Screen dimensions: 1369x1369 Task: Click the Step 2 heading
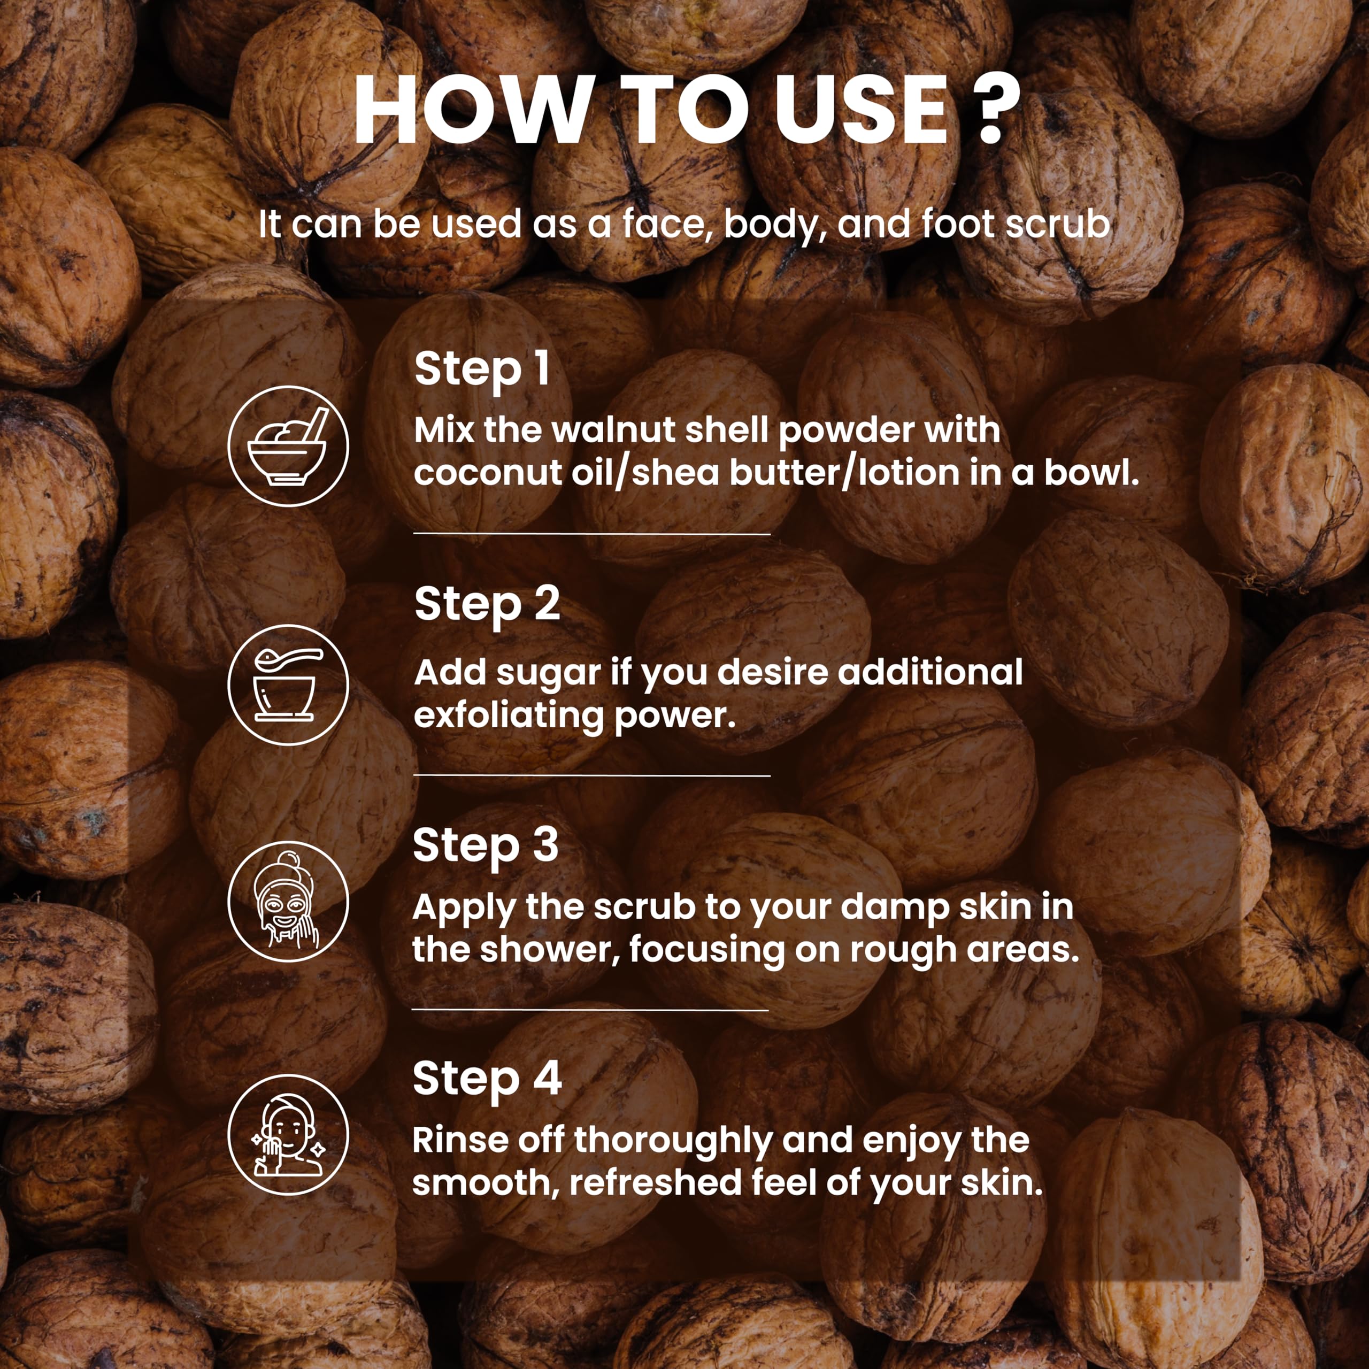point(487,606)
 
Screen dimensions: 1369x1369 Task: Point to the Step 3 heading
point(486,847)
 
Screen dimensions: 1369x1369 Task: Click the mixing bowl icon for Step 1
point(288,445)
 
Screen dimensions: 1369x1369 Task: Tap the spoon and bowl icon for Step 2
point(288,684)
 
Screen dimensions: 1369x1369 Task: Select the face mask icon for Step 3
point(288,901)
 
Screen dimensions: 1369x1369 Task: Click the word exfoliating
point(509,716)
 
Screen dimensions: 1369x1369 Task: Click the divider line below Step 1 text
point(591,534)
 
